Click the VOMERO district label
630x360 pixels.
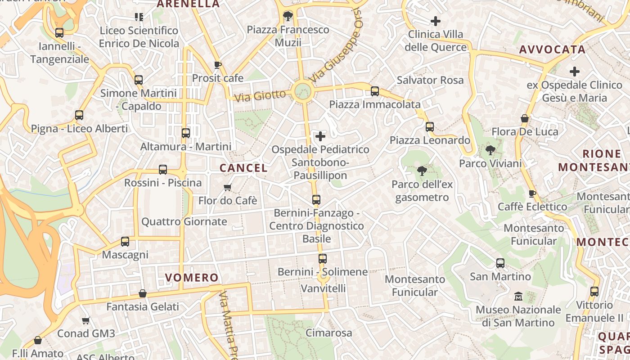pyautogui.click(x=192, y=278)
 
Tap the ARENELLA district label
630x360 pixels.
pyautogui.click(x=188, y=4)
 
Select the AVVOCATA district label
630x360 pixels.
pyautogui.click(x=553, y=49)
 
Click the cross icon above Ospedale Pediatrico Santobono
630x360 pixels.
pyautogui.click(x=320, y=136)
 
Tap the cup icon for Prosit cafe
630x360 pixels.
pyautogui.click(x=217, y=65)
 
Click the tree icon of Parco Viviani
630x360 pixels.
pyautogui.click(x=490, y=150)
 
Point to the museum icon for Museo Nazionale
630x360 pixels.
pyautogui.click(x=518, y=297)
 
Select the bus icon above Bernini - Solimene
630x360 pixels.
pyautogui.click(x=323, y=259)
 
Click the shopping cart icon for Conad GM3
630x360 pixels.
pyautogui.click(x=86, y=320)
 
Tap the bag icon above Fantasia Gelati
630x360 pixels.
pyautogui.click(x=143, y=293)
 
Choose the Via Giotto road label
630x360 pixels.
pyautogui.click(x=260, y=95)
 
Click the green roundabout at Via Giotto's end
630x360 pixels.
pyautogui.click(x=303, y=91)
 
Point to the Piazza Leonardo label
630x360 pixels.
pyautogui.click(x=430, y=140)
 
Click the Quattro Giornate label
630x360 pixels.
pyautogui.click(x=184, y=221)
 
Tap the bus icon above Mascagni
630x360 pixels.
pyautogui.click(x=125, y=242)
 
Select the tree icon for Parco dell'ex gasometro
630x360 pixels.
pyautogui.click(x=422, y=171)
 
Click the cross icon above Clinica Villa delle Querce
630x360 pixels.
pyautogui.click(x=435, y=21)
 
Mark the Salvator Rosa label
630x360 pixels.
pyautogui.click(x=430, y=80)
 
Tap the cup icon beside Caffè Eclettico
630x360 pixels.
pyautogui.click(x=532, y=193)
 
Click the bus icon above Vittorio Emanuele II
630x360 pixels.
pyautogui.click(x=594, y=292)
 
